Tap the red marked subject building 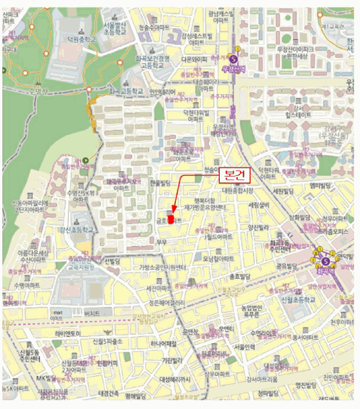point(171,219)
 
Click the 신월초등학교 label point(296,299)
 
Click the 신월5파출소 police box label point(107,341)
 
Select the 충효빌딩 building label point(240,276)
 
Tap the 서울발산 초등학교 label point(115,29)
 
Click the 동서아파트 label point(304,338)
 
